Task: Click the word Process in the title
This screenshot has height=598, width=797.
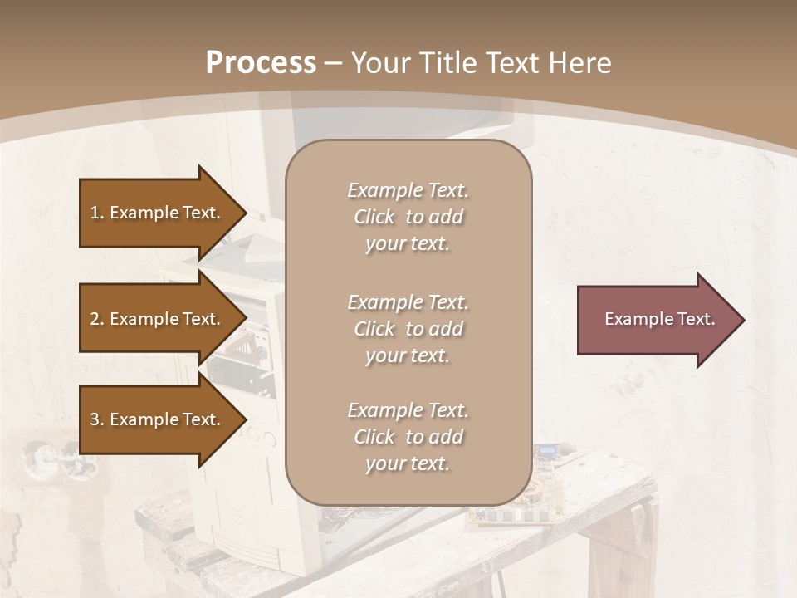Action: coord(261,63)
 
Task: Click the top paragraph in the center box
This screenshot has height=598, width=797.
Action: coord(408,217)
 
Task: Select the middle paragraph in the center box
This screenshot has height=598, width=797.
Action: coord(408,329)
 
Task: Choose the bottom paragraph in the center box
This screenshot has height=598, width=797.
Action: coord(408,437)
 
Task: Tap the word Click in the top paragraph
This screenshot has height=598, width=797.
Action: coord(374,217)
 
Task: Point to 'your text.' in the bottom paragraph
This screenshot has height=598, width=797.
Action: coord(408,463)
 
